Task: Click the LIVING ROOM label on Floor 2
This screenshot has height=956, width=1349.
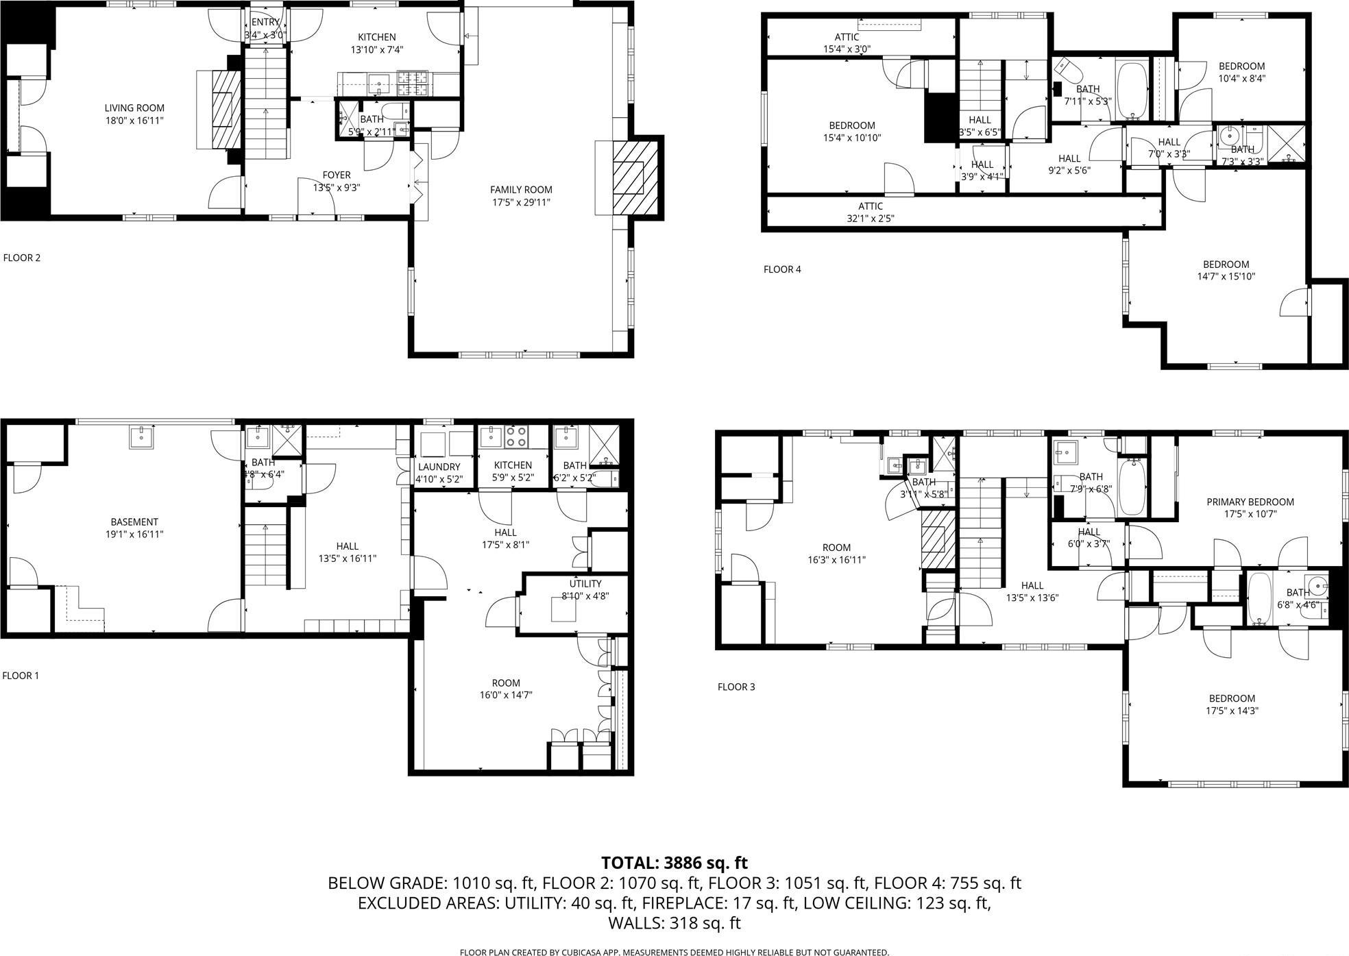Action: tap(134, 108)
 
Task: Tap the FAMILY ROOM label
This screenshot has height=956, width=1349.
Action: tap(520, 189)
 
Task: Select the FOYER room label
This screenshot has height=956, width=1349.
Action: tap(336, 175)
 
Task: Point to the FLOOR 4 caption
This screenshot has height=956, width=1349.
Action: tap(782, 269)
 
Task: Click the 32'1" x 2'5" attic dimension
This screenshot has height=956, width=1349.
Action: tap(870, 219)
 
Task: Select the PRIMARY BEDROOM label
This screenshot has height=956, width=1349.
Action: tap(1250, 502)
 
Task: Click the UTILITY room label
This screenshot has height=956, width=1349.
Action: tap(585, 583)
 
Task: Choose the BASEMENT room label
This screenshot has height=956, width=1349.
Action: tap(134, 522)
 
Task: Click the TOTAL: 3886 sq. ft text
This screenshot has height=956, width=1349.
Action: tap(674, 862)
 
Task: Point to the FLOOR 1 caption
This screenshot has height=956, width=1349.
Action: tap(21, 675)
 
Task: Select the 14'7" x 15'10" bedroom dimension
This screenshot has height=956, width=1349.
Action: tap(1226, 277)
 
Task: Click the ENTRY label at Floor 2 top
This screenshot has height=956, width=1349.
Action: tap(265, 23)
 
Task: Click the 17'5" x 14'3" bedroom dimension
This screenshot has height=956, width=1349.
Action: tap(1232, 711)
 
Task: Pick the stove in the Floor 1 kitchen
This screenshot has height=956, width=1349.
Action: tap(516, 437)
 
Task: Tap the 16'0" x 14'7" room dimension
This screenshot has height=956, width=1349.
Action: tap(506, 695)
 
